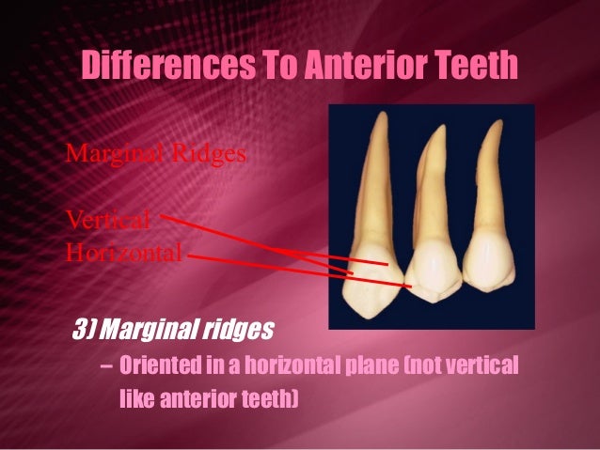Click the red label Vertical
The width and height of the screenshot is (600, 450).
point(107,220)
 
